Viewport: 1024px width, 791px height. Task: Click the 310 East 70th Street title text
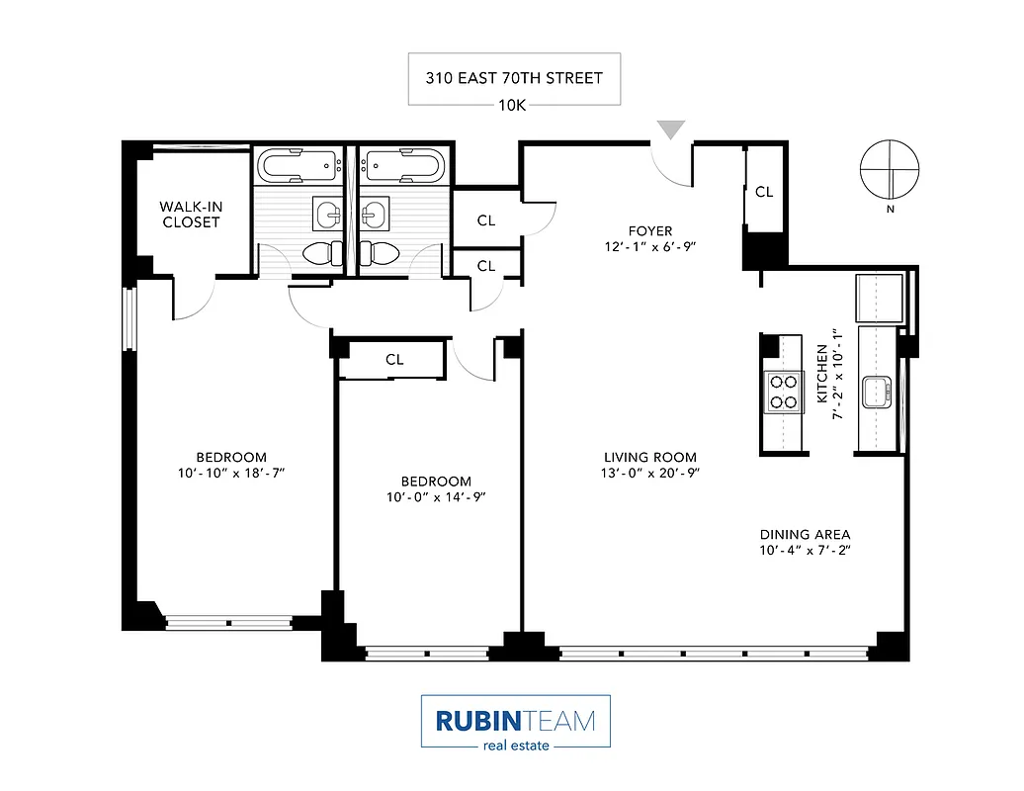click(x=514, y=77)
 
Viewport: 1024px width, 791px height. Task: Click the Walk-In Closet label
click(x=190, y=215)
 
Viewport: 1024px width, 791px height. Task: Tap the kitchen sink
click(x=877, y=392)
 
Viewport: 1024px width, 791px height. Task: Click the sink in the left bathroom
click(x=328, y=212)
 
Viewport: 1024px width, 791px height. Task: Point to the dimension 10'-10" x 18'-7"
click(x=231, y=474)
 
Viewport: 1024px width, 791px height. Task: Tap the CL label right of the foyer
click(x=764, y=192)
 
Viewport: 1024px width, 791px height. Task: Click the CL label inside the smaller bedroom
click(x=394, y=360)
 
